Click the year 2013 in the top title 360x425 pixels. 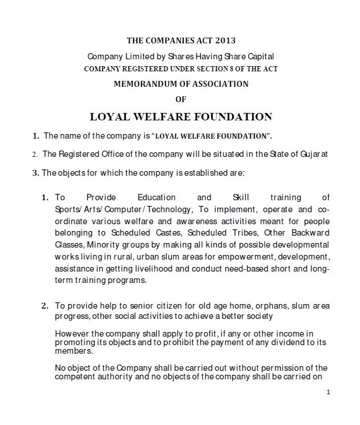pos(224,41)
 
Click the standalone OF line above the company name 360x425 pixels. pos(180,99)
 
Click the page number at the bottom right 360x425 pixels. pos(329,392)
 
